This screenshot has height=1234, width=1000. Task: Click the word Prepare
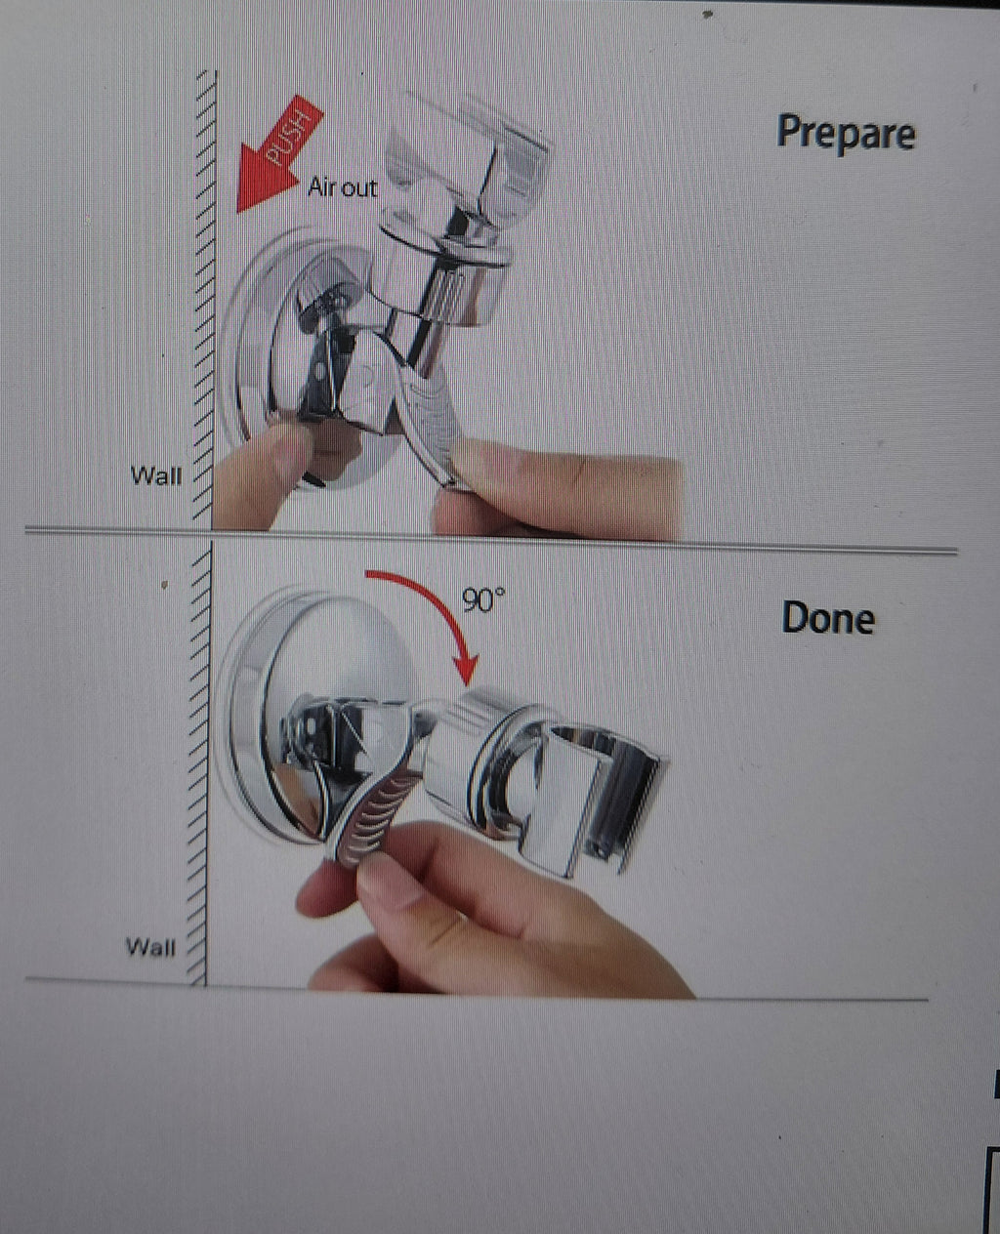click(846, 132)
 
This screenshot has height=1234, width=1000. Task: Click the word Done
click(828, 618)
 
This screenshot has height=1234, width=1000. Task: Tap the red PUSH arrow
click(278, 154)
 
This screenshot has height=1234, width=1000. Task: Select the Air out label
click(343, 187)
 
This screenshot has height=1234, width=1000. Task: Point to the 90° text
click(483, 599)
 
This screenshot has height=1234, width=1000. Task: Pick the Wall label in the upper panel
click(156, 475)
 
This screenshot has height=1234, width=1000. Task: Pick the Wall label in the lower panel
click(150, 947)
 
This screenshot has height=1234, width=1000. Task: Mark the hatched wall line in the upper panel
click(206, 299)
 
